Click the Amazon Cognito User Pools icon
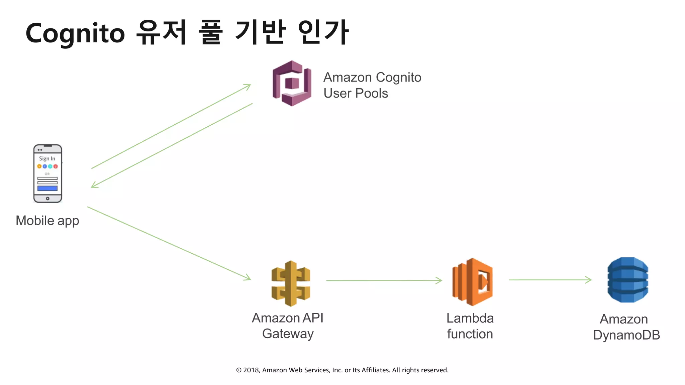coord(292,83)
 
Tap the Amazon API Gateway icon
coord(291,283)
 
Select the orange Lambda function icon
coord(472,282)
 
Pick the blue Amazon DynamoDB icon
coord(628,280)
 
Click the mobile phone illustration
coord(47,173)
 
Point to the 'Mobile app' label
coord(47,221)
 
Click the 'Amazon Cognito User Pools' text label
coord(372,85)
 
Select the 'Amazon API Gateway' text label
coord(288,326)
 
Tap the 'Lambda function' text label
coord(470,326)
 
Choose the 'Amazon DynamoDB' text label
coord(626,327)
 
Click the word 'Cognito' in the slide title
coord(75,33)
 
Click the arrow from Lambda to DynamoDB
coord(550,280)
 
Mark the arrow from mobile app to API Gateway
coord(169,243)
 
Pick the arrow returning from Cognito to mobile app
coord(172,145)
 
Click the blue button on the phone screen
coord(47,188)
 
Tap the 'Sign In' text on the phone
coord(47,158)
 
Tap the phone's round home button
coord(47,199)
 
